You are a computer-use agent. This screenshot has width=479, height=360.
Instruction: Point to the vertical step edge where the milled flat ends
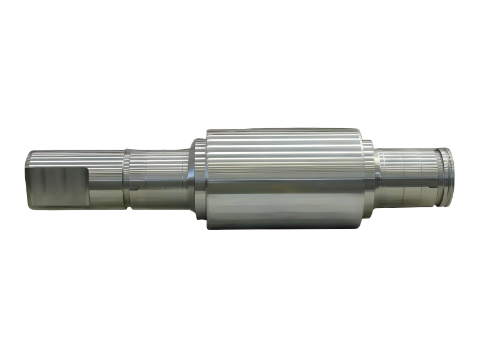pyautogui.click(x=87, y=186)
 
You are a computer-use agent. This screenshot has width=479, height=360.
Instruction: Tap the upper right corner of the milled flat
pyautogui.click(x=87, y=169)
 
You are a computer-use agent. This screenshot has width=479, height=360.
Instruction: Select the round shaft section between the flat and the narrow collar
pyautogui.click(x=107, y=180)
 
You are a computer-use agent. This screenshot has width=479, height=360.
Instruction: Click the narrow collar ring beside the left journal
pyautogui.click(x=127, y=180)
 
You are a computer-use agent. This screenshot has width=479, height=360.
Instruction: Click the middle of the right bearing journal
pyautogui.click(x=407, y=177)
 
